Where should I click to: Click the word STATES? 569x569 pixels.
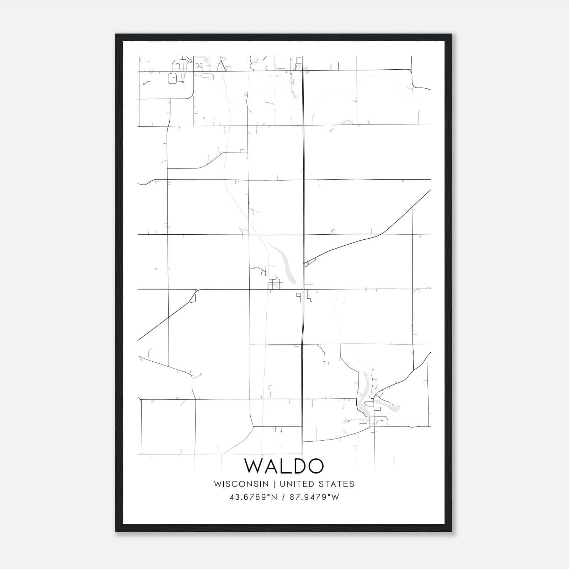(336, 484)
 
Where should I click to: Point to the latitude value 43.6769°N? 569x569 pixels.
(253, 497)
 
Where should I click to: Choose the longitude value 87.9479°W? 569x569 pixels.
(314, 497)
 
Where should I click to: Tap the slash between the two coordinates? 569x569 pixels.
(283, 497)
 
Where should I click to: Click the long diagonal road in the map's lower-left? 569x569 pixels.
(164, 320)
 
